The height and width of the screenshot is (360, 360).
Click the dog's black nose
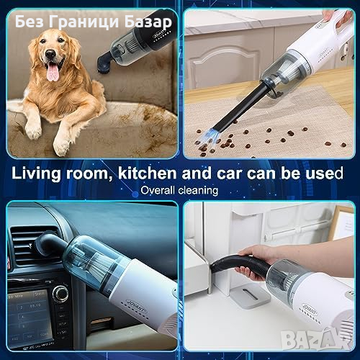click(50, 54)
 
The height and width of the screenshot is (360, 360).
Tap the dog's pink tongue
click(53, 72)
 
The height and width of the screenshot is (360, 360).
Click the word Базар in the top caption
click(148, 22)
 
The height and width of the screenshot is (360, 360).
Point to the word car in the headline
click(230, 174)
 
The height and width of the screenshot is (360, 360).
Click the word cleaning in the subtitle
click(198, 190)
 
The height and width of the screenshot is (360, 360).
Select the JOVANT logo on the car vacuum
click(135, 305)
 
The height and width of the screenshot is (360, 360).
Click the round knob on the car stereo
click(60, 293)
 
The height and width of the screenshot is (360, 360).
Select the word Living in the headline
click(36, 174)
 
